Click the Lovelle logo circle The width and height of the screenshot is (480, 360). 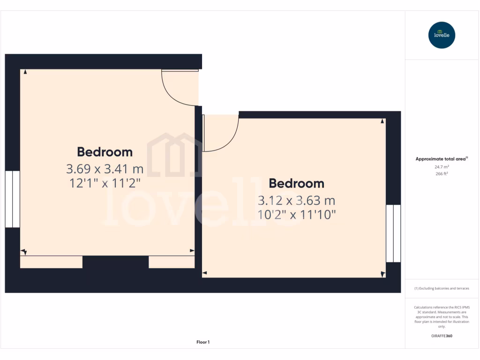click(x=442, y=35)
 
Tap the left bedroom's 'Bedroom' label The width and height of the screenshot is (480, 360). click(x=105, y=152)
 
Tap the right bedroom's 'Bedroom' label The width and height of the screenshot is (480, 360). click(x=296, y=183)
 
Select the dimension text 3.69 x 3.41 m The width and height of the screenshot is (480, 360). click(x=105, y=168)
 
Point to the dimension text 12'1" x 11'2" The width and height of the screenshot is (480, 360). click(x=105, y=183)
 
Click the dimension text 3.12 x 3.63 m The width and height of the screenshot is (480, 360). click(x=296, y=201)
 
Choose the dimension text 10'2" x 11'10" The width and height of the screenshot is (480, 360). click(x=296, y=215)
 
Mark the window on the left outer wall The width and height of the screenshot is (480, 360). click(x=12, y=199)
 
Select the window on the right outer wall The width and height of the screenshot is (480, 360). click(x=393, y=233)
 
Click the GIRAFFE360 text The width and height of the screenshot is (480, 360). click(x=442, y=336)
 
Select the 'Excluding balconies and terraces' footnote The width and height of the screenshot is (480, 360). click(x=442, y=288)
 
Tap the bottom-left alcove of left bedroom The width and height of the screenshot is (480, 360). click(x=51, y=262)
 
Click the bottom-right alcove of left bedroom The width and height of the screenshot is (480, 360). click(x=172, y=262)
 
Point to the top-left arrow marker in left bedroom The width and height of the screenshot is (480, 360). click(x=25, y=72)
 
